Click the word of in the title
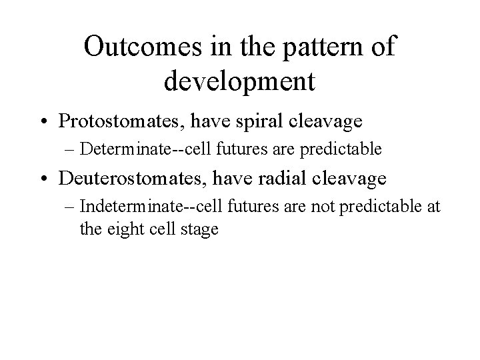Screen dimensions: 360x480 click(x=383, y=47)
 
